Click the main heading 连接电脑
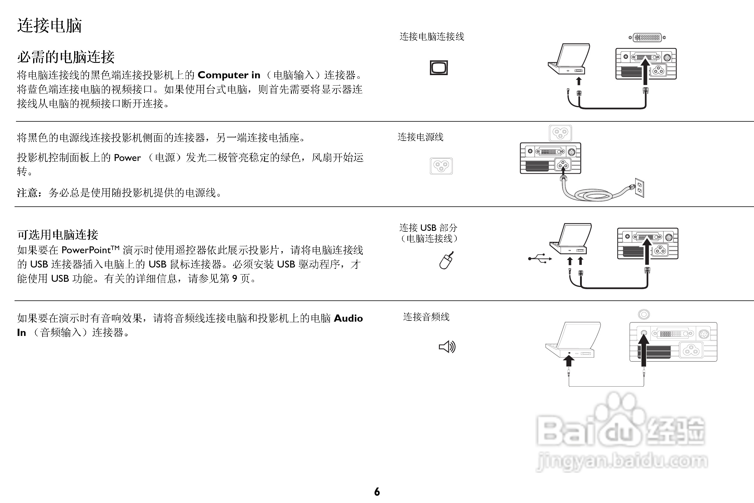pyautogui.click(x=49, y=26)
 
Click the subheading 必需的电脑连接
pyautogui.click(x=66, y=57)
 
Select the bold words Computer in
pyautogui.click(x=229, y=75)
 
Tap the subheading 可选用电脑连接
pyautogui.click(x=58, y=235)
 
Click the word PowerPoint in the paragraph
pyautogui.click(x=86, y=250)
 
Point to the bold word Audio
pyautogui.click(x=348, y=318)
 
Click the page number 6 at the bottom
pyautogui.click(x=377, y=492)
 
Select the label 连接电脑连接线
pyautogui.click(x=431, y=37)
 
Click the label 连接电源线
pyautogui.click(x=420, y=137)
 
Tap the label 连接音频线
pyautogui.click(x=426, y=317)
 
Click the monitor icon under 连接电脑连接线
pyautogui.click(x=439, y=68)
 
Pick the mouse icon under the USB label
pyautogui.click(x=446, y=260)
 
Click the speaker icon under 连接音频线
pyautogui.click(x=447, y=346)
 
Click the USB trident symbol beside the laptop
pyautogui.click(x=540, y=258)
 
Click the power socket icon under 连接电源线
pyautogui.click(x=441, y=166)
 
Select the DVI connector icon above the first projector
pyautogui.click(x=647, y=38)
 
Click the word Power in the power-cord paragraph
pyautogui.click(x=127, y=158)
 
